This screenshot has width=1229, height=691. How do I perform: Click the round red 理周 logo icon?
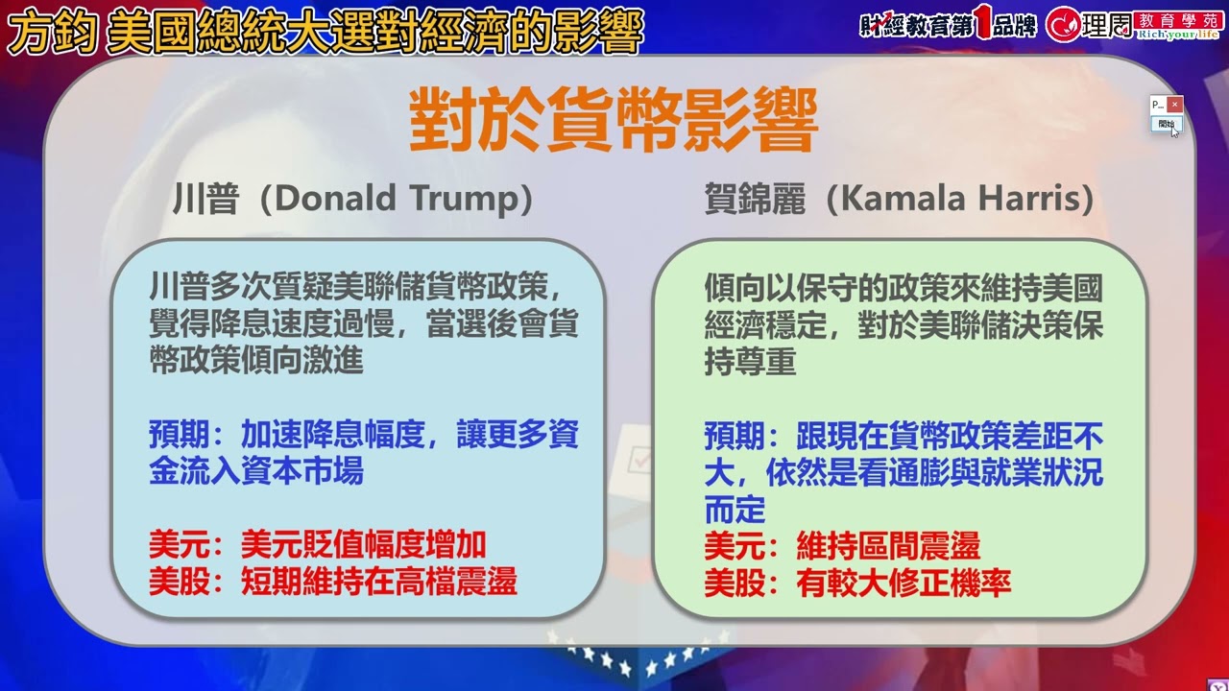[1063, 25]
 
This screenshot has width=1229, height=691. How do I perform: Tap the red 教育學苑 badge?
[1177, 18]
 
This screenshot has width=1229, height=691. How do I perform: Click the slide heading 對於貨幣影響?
[614, 121]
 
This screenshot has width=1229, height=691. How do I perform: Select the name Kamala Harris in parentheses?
[959, 199]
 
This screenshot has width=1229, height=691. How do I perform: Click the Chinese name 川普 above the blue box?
[205, 199]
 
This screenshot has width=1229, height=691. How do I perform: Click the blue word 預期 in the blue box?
[180, 436]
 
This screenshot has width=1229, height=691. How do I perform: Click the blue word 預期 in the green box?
[735, 437]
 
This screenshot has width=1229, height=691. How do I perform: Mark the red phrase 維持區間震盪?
[888, 547]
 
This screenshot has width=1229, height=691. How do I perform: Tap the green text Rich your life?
[1177, 35]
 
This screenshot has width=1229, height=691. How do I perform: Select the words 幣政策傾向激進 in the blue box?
[255, 361]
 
